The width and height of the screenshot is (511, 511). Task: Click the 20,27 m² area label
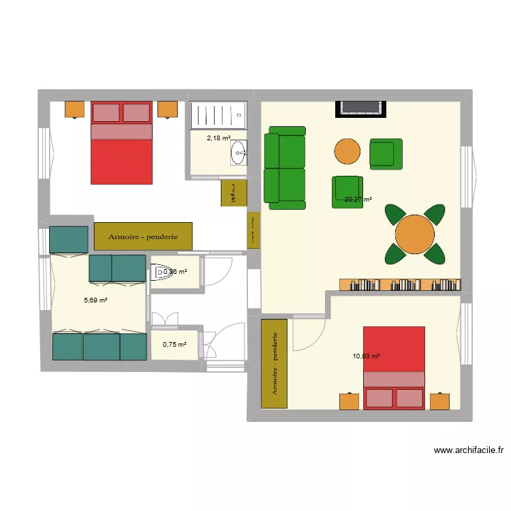pos(358,200)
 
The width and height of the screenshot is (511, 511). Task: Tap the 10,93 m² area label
pos(366,356)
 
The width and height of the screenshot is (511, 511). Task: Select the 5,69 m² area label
pos(95,300)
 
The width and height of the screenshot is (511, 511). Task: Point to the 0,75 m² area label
pos(174,344)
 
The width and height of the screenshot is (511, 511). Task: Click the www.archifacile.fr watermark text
pos(468,450)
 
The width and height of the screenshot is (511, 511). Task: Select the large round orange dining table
pos(415,234)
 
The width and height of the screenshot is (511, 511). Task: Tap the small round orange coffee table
pos(347,151)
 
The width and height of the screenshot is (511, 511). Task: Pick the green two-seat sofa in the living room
pos(285,168)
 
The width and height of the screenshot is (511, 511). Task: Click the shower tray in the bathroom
pos(217,115)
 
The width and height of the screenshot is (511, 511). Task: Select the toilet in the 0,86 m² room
pos(163,273)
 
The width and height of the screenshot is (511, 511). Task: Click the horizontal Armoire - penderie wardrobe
pos(143,236)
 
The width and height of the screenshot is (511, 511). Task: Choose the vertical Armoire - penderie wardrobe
pos(275,364)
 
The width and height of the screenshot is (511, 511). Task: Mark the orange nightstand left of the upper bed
pos(74,109)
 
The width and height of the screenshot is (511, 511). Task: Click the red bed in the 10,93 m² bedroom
pos(394,368)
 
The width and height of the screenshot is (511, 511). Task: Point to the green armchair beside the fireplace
pos(386,153)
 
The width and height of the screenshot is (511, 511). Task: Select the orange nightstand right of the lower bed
pos(440,401)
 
